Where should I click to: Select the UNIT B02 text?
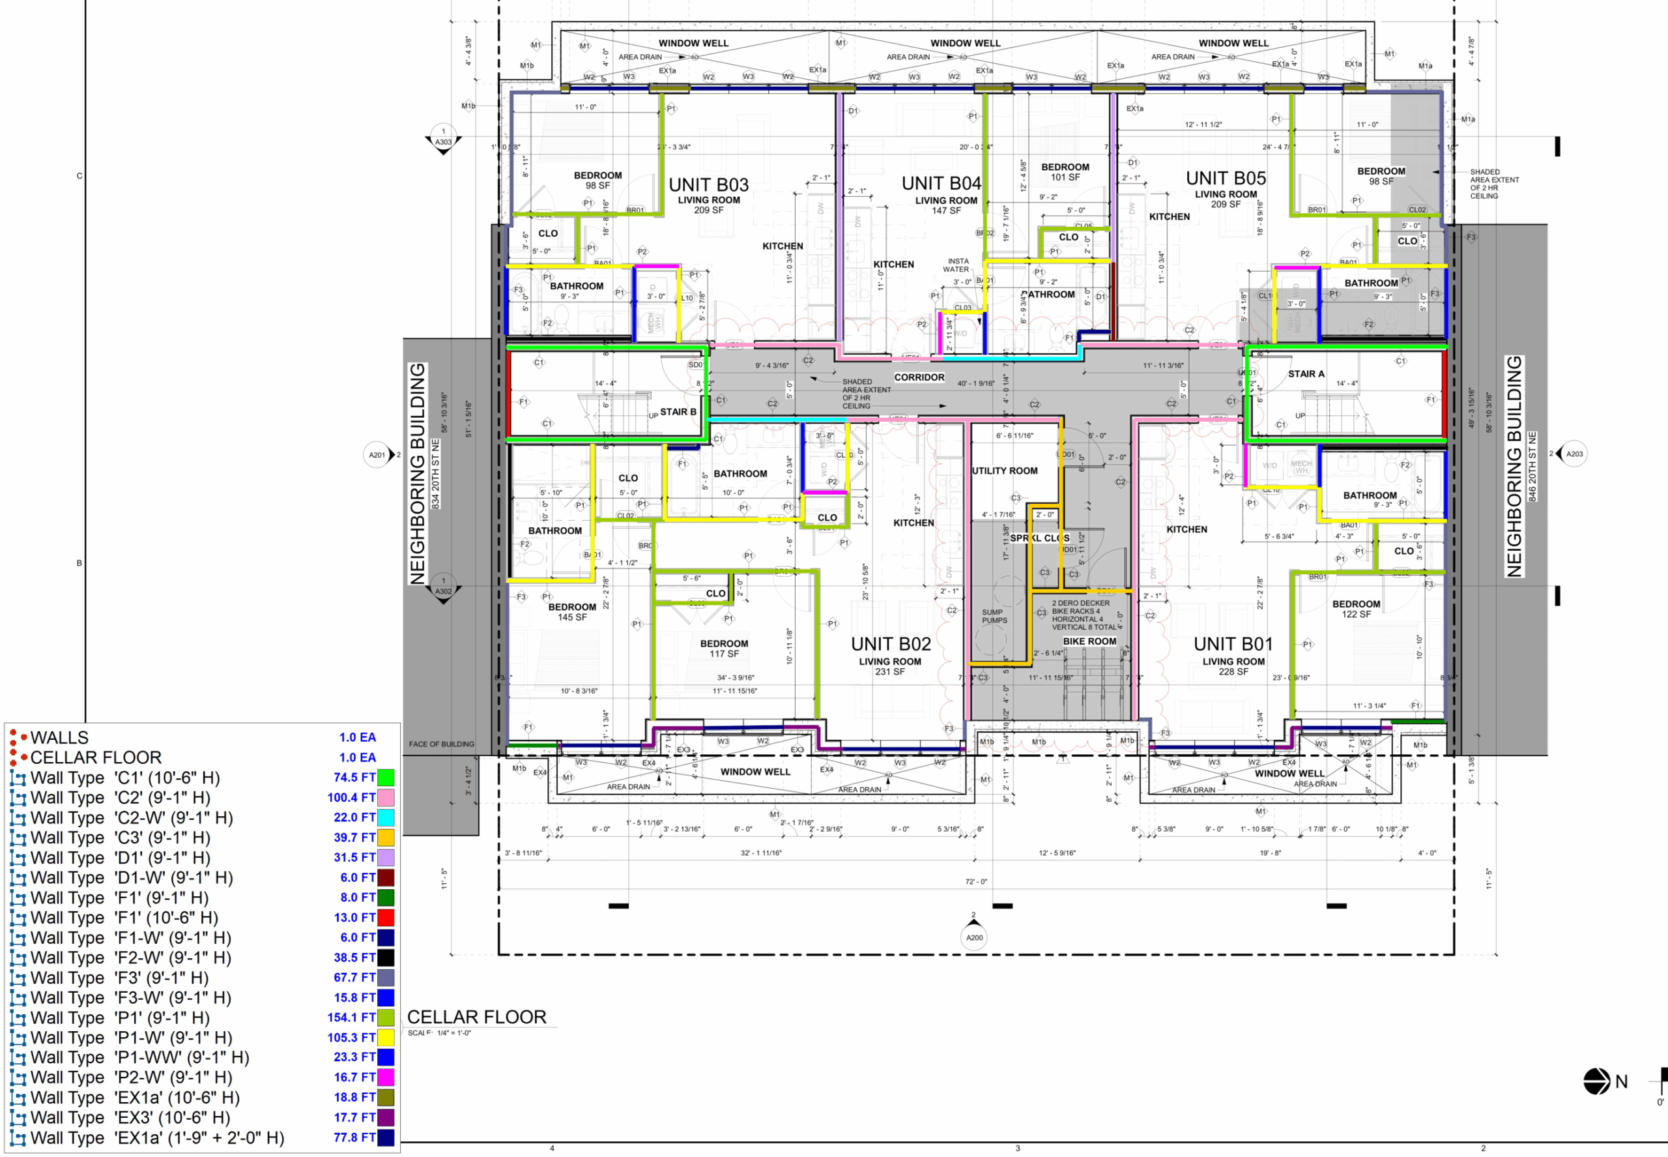(x=890, y=644)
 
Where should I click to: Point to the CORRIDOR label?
(x=919, y=377)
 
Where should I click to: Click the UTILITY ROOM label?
(x=1004, y=471)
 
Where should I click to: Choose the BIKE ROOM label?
(x=1089, y=641)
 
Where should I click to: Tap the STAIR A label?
(x=1306, y=374)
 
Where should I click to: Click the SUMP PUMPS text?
(x=994, y=616)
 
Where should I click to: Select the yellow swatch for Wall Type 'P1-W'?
(x=386, y=1037)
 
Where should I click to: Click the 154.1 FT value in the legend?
(x=351, y=1017)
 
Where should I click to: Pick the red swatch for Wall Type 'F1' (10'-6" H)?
(x=386, y=917)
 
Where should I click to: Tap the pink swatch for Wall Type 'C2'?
(x=386, y=797)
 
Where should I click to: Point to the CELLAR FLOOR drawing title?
(x=476, y=1017)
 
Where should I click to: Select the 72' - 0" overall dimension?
(x=975, y=881)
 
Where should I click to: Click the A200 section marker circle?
(x=974, y=937)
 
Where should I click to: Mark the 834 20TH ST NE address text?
(x=435, y=473)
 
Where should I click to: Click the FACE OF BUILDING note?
(x=441, y=744)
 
